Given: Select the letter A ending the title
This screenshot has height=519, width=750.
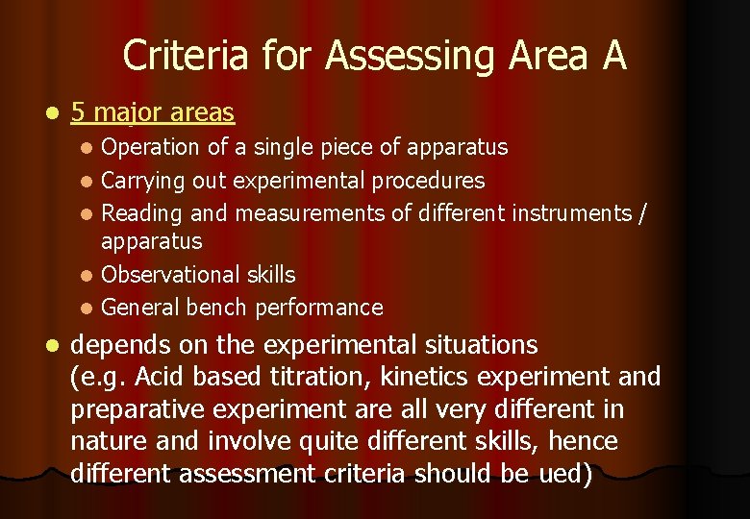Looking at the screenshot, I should tap(614, 56).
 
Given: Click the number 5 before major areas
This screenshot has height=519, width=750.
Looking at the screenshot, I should tap(78, 113).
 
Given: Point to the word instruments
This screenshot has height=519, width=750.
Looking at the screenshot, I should tap(571, 212).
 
